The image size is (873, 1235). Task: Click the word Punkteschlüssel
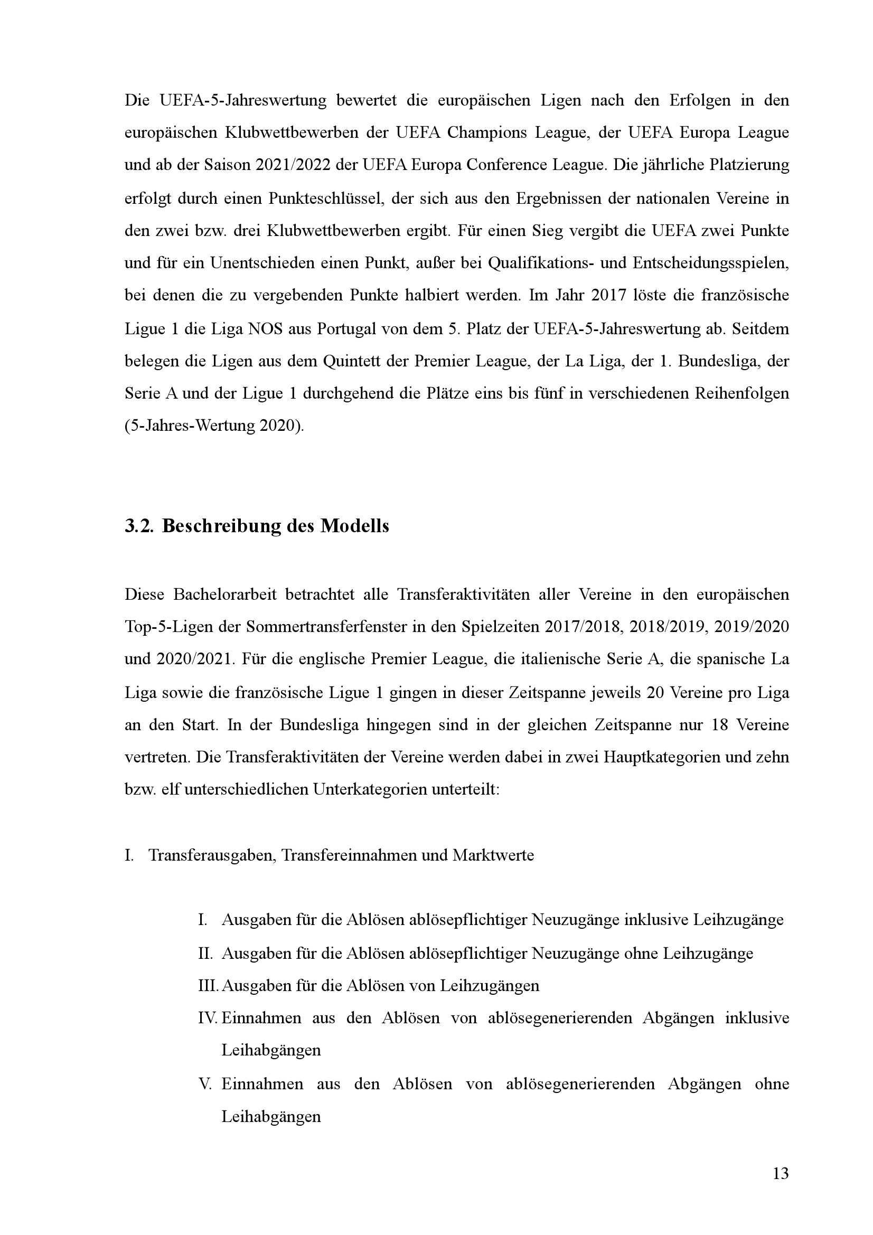tap(325, 199)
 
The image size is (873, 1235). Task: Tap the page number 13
tap(781, 1173)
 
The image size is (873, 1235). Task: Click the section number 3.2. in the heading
tap(139, 525)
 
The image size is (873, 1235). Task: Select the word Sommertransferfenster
tap(339, 627)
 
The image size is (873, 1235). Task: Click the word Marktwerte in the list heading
tap(493, 855)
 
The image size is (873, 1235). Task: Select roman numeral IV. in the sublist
tap(208, 1017)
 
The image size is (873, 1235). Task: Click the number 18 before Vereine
tap(719, 725)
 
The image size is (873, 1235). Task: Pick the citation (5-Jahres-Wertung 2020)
tap(214, 426)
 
